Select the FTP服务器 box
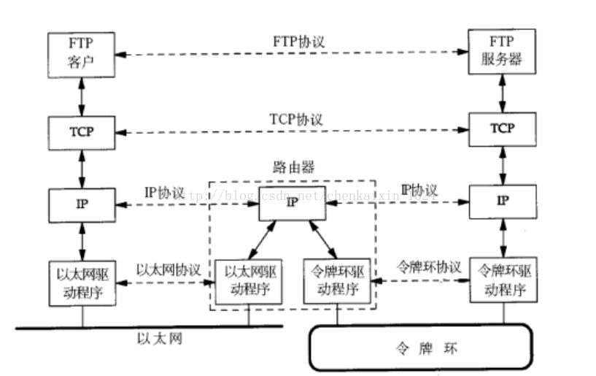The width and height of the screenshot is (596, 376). click(x=501, y=53)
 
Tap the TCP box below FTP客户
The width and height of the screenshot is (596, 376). click(x=82, y=131)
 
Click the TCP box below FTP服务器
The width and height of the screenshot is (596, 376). click(x=501, y=129)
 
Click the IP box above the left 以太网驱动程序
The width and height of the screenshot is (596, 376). click(x=82, y=204)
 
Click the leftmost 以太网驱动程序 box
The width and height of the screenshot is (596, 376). click(x=82, y=282)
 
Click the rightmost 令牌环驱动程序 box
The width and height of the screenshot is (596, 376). click(x=502, y=279)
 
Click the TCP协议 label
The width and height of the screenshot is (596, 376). click(x=296, y=119)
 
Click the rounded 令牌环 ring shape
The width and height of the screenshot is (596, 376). click(x=421, y=347)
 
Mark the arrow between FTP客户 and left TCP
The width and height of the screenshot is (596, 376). click(x=82, y=93)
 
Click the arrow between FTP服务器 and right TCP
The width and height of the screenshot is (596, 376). click(x=502, y=93)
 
